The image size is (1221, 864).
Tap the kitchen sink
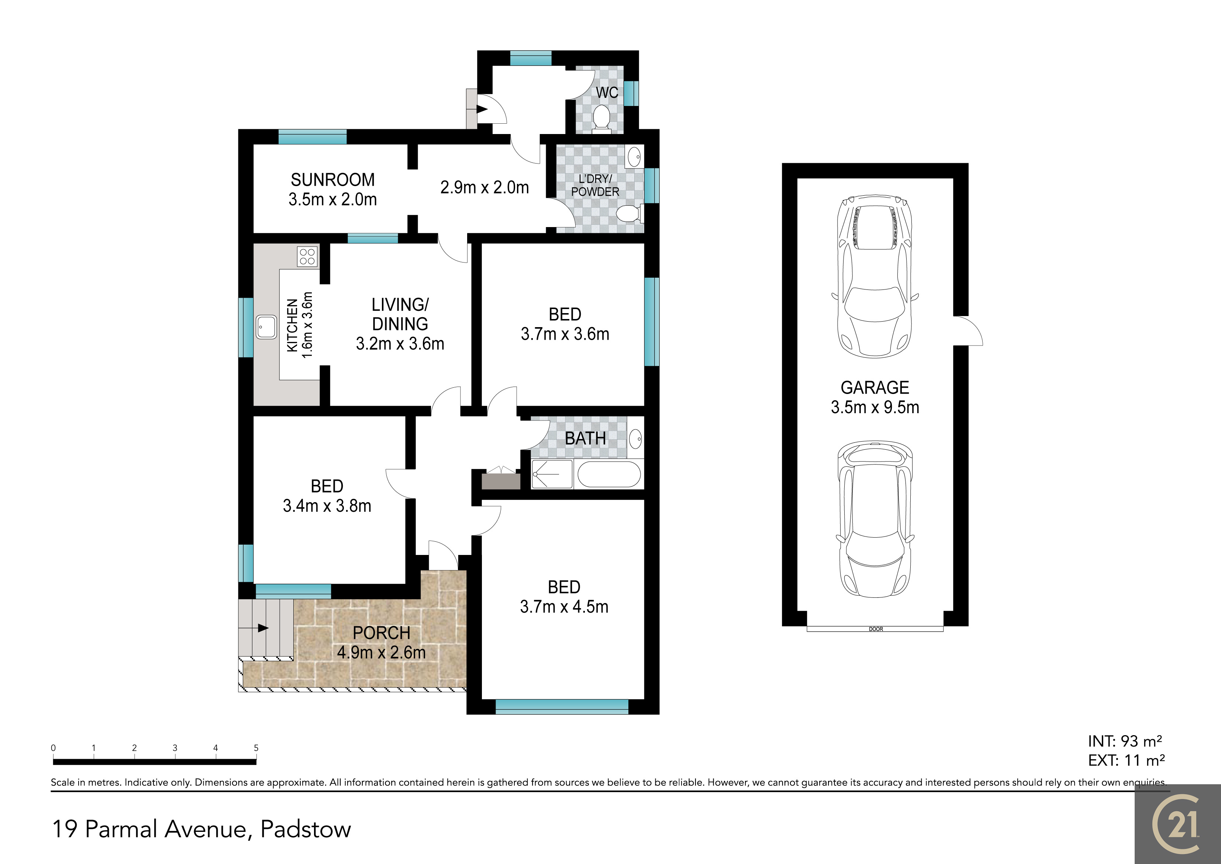click(266, 327)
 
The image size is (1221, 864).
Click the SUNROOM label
click(332, 180)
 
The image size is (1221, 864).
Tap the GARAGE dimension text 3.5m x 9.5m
click(875, 407)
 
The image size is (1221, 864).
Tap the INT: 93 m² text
click(1125, 741)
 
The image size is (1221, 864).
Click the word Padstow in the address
click(306, 829)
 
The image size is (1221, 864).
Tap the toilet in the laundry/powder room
click(630, 214)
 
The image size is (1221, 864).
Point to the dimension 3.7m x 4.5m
click(564, 607)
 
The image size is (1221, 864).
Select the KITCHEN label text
click(292, 325)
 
